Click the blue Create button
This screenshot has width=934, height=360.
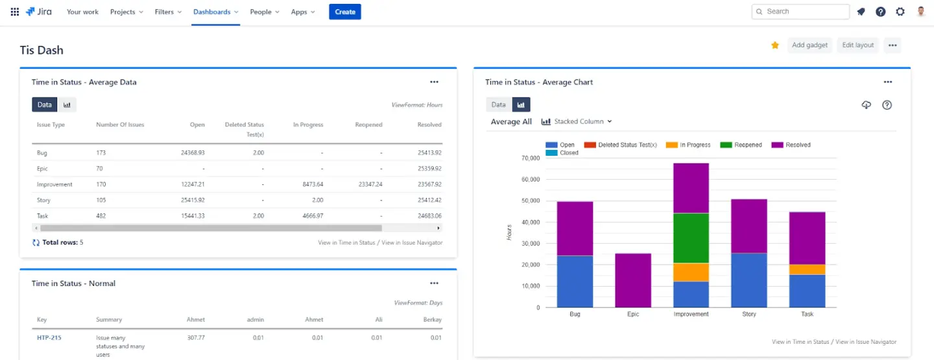coord(344,12)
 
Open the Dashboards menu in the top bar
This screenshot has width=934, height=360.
coord(215,12)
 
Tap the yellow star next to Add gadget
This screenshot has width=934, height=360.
coord(774,45)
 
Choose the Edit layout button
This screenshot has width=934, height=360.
coord(857,45)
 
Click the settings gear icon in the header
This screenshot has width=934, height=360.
coord(900,12)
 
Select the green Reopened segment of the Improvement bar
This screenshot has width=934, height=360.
coord(691,238)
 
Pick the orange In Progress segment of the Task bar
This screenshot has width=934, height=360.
coord(807,269)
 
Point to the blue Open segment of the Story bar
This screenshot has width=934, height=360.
coord(749,280)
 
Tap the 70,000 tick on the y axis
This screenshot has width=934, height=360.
coord(531,158)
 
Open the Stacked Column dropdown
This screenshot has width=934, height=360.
coord(577,121)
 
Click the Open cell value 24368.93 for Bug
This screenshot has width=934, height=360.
coord(193,153)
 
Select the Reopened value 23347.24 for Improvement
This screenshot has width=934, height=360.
coord(370,184)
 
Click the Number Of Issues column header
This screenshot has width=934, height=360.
coord(120,125)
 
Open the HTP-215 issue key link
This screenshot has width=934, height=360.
coord(49,338)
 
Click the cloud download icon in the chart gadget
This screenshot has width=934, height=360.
coord(866,105)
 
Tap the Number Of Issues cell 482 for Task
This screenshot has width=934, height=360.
coord(101,215)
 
